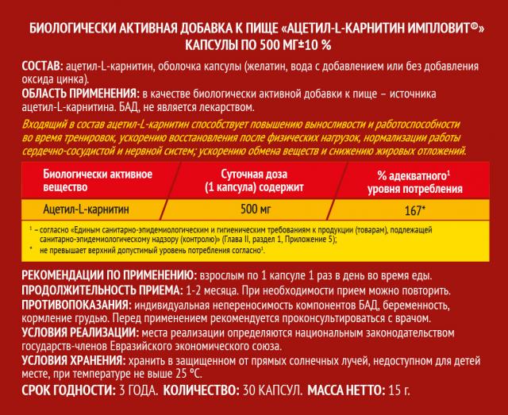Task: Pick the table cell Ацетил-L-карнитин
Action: [87, 208]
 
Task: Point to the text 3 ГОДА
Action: [137, 391]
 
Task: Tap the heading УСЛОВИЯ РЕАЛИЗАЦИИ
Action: [69, 333]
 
